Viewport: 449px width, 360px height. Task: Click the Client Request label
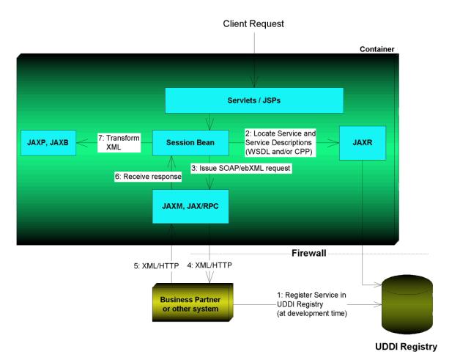coord(253,23)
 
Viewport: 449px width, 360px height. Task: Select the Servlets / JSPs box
coord(254,100)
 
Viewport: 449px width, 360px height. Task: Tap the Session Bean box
coord(190,143)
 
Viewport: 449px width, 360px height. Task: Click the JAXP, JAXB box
coord(48,143)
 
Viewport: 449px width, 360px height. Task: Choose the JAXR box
coord(363,143)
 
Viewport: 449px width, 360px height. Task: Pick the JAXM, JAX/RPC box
coord(190,206)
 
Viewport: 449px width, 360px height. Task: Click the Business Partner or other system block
coord(193,302)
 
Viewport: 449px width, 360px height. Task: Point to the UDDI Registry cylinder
coord(407,304)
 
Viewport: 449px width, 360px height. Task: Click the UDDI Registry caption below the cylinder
coord(406,347)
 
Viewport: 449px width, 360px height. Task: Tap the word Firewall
coord(308,253)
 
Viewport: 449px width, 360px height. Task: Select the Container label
coord(376,49)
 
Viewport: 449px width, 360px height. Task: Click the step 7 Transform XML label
coord(119,142)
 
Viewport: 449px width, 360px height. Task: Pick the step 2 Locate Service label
coord(281,142)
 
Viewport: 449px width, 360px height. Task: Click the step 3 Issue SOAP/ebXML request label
coord(241,168)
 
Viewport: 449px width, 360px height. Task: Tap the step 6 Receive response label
coord(148,177)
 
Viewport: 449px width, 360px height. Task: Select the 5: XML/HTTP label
coord(156,266)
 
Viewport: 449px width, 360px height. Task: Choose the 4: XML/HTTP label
coord(209,265)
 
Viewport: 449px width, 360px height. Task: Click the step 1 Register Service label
coord(312,304)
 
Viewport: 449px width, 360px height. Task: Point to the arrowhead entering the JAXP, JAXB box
coord(81,143)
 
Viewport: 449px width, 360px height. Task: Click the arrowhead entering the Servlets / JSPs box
coord(254,82)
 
